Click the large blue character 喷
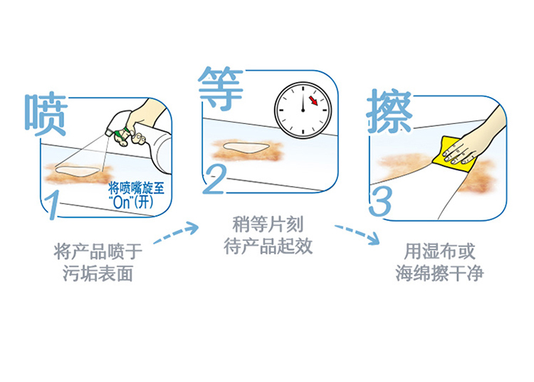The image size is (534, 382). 46,114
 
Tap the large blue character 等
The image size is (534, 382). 221,88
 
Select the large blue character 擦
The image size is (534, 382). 389,111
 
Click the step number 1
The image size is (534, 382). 53,205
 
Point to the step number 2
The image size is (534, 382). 214,180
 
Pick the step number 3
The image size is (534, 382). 380,202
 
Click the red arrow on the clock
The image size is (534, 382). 313,100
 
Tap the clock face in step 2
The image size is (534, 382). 303,110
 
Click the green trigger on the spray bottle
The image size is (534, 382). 122,134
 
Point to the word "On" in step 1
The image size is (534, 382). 122,202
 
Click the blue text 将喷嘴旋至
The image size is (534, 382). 136,187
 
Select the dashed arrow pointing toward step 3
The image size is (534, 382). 357,233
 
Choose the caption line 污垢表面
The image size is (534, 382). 98,274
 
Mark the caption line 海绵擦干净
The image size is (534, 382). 439,273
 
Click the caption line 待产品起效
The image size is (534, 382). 268,246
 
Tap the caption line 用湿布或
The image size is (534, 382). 439,252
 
